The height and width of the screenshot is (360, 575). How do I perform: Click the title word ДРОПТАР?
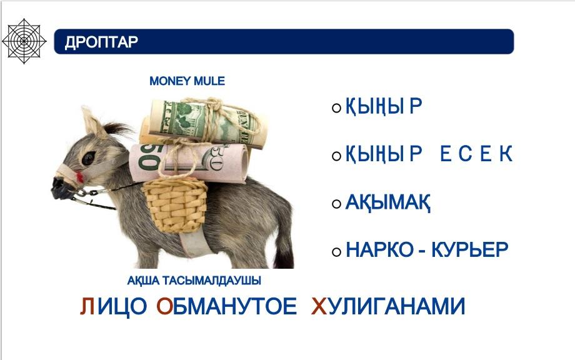pos(101,42)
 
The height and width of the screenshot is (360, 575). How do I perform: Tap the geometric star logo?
pos(24,41)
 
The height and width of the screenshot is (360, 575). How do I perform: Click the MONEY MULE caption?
pos(187,81)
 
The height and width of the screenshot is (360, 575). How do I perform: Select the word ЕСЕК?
pos(476,154)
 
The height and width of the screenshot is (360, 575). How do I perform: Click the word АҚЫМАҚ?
pos(388,202)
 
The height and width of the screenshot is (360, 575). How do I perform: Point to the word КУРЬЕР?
pos(470,250)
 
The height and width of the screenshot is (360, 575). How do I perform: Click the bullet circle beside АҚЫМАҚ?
pos(336,204)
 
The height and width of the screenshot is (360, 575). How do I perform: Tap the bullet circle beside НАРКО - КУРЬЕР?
pos(336,252)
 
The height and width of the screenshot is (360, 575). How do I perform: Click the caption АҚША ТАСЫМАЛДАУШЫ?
pos(194,281)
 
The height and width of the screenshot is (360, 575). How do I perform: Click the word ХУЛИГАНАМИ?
pos(388,306)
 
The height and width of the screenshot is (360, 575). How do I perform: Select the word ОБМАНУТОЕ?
pos(226,306)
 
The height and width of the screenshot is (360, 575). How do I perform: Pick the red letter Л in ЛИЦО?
pos(87,306)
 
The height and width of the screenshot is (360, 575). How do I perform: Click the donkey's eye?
pos(88,158)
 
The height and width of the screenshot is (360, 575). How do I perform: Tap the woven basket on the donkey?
pos(175,205)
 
